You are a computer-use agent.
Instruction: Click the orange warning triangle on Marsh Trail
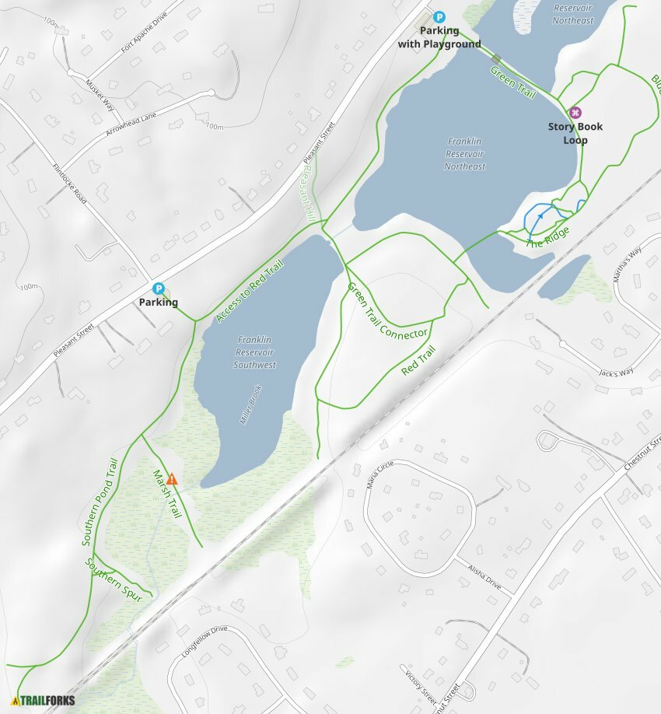point(172,479)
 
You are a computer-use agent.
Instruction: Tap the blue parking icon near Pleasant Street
point(159,289)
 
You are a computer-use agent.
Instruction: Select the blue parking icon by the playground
point(439,16)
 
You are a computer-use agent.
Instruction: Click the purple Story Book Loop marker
point(575,113)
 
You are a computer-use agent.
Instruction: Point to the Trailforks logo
point(44,700)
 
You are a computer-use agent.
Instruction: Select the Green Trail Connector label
point(387,311)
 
